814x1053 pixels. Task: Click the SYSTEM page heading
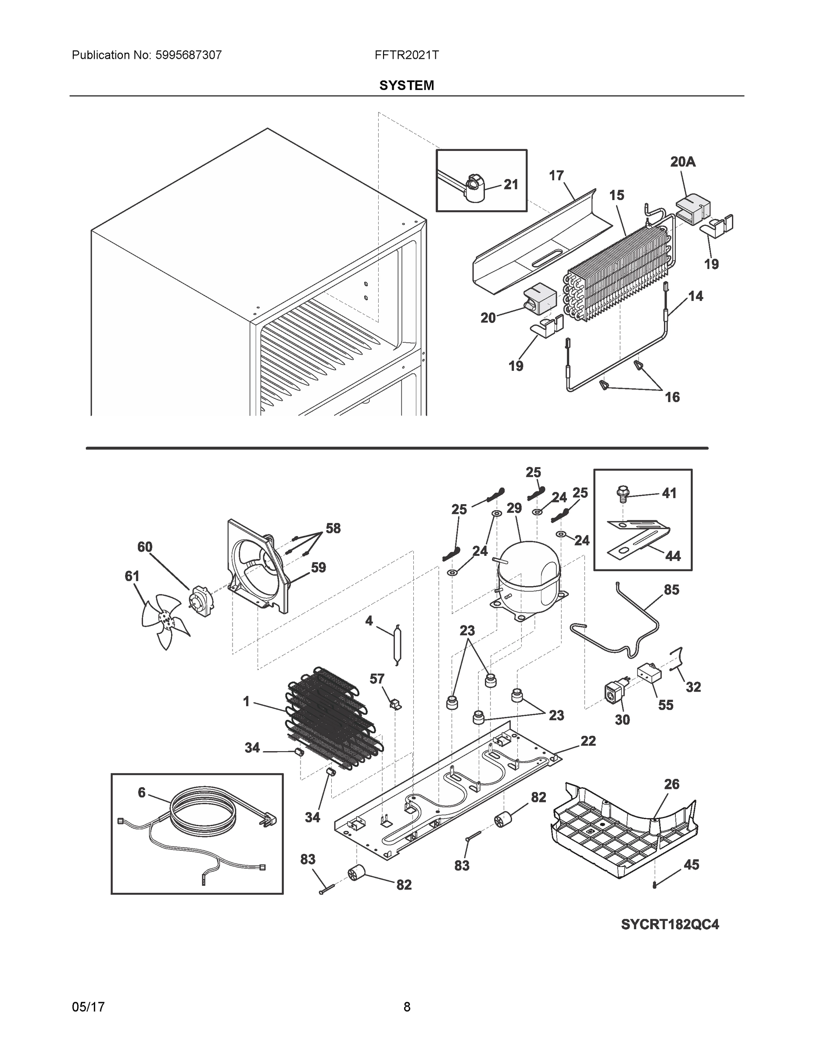[x=406, y=86]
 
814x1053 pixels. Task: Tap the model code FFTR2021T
[x=406, y=55]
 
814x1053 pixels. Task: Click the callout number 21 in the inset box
[x=511, y=184]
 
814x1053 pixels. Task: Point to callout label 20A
[x=683, y=162]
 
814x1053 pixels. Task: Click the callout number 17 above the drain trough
[x=556, y=175]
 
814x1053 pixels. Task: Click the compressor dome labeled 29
[x=530, y=576]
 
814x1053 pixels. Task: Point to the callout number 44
[x=673, y=556]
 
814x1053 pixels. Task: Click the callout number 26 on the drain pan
[x=672, y=784]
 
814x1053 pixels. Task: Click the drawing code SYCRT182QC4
[x=670, y=924]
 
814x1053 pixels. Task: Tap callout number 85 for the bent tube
[x=671, y=590]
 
